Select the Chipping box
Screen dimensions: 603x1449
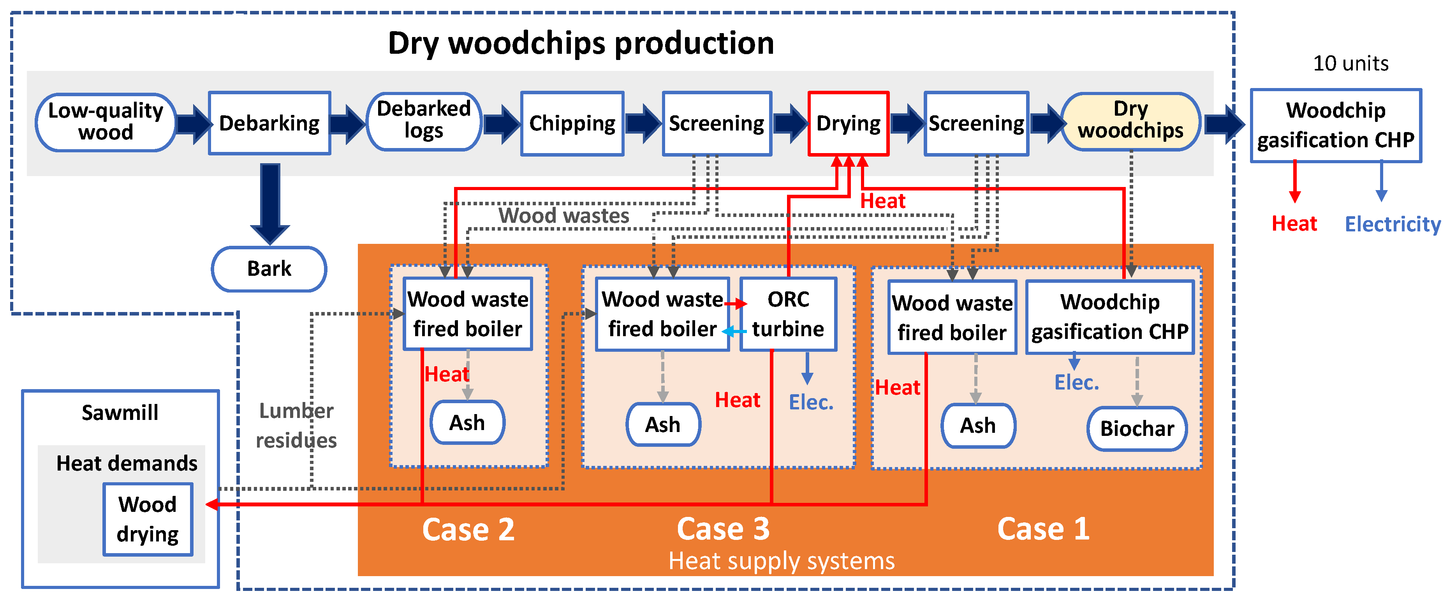pos(572,123)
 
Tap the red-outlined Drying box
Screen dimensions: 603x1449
pos(848,123)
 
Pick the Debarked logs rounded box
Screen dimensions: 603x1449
pos(424,120)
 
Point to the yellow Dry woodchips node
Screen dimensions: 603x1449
pos(1130,120)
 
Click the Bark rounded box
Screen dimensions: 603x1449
pos(269,268)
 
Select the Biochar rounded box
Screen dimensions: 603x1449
pos(1136,428)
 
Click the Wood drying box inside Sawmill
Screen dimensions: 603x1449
pos(147,518)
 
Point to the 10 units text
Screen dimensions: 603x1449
pos(1350,63)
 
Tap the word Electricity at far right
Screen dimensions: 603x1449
pos(1392,224)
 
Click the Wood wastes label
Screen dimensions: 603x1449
pos(563,215)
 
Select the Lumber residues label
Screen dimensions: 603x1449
pos(296,425)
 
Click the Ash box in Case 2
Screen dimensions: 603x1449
pos(467,422)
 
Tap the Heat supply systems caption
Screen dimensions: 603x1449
pos(781,561)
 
